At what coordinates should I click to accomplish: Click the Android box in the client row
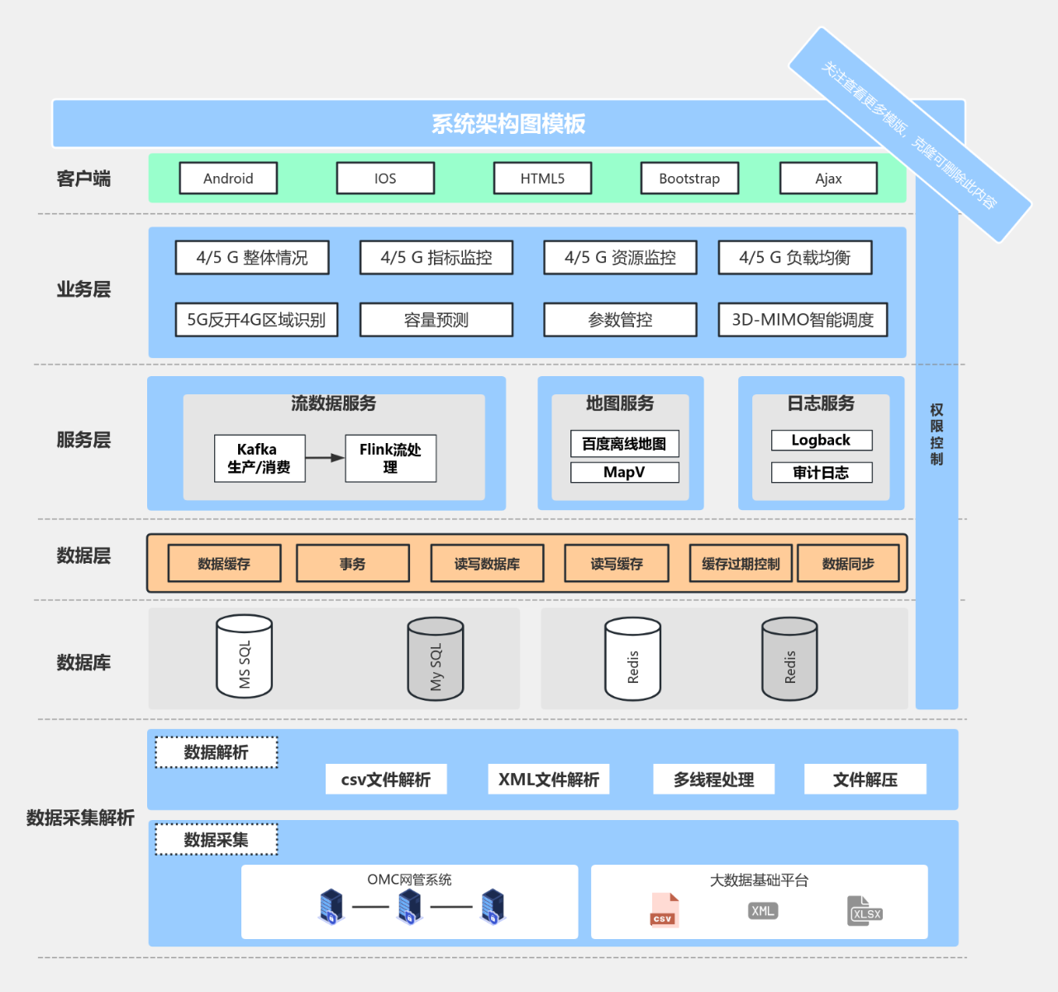228,179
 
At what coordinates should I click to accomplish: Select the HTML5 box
542,179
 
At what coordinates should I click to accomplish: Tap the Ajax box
828,179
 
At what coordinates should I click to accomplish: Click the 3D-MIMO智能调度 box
803,320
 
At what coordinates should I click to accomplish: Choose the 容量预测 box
436,320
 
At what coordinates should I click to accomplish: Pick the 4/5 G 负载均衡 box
794,258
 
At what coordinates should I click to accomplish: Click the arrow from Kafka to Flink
325,457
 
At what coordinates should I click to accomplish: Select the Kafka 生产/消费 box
259,458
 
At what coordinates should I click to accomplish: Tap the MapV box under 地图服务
624,472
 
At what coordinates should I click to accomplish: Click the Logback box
821,441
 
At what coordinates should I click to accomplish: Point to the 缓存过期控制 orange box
741,564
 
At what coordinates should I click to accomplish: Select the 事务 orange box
352,564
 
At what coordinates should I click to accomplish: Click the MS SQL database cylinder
244,657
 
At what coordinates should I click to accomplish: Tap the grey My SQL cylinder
436,660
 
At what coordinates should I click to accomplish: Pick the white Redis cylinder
632,660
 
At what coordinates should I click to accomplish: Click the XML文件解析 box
549,780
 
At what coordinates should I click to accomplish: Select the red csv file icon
664,910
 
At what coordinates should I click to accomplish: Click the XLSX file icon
865,911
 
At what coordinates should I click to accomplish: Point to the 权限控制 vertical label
936,435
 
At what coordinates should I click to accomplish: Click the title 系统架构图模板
508,124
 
